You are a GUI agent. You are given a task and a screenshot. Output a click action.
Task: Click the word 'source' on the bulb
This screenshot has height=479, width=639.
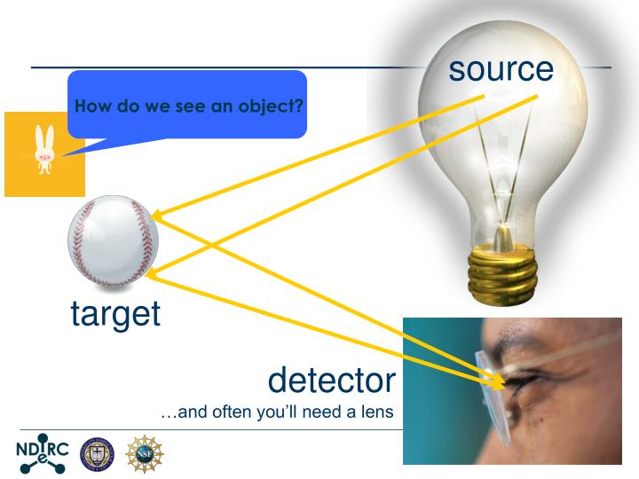[x=501, y=70]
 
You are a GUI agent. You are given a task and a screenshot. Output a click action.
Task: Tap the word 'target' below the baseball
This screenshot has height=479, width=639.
[x=115, y=313]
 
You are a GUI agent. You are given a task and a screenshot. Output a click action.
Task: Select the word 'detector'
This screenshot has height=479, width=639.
[x=331, y=380]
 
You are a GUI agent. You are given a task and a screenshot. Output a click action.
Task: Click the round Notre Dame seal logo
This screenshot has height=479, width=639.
[x=95, y=450]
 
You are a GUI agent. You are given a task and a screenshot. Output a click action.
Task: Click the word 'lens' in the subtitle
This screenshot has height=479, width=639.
[x=374, y=412]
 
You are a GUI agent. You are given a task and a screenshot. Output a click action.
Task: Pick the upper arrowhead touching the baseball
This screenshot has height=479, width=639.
[x=157, y=215]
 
